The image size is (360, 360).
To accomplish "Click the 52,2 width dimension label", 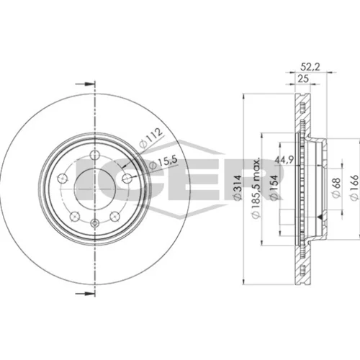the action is (x=310, y=67).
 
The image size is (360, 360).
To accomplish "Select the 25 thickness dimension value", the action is (x=303, y=78).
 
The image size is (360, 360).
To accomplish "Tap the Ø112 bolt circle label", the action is (x=151, y=138).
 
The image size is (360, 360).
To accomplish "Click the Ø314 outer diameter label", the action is (x=238, y=188).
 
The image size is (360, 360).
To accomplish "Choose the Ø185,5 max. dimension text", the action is (x=256, y=188).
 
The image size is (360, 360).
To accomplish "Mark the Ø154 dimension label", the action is (x=274, y=187).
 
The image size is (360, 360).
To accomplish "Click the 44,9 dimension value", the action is (x=284, y=160).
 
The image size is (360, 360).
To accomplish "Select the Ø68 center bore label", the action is (x=336, y=188).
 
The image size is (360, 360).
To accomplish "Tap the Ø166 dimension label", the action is (x=355, y=188).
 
